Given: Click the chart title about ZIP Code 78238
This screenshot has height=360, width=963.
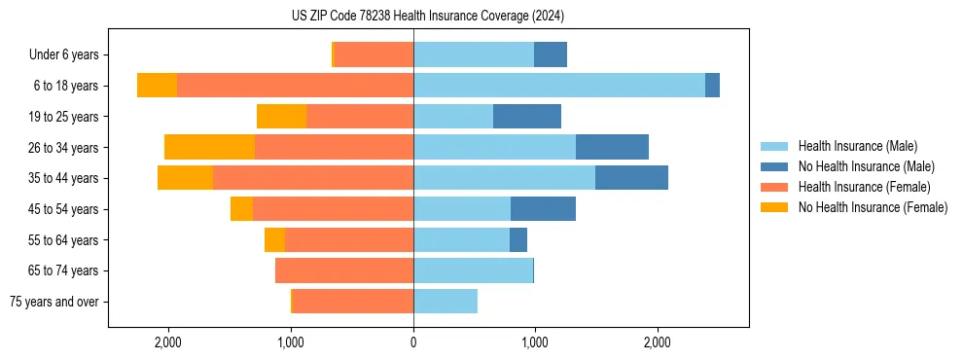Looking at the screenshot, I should click(x=427, y=16).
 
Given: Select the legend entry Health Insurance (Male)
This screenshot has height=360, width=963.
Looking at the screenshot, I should click(x=857, y=146).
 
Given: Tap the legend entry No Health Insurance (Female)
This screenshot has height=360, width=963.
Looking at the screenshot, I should click(x=873, y=207).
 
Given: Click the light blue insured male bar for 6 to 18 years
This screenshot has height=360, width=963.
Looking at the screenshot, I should click(x=559, y=86).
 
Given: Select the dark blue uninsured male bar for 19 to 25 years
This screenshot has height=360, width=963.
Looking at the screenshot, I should click(x=527, y=117).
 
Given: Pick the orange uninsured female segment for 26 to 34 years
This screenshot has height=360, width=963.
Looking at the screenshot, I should click(x=209, y=147).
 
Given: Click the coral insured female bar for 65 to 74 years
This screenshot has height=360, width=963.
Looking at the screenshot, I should click(x=344, y=270).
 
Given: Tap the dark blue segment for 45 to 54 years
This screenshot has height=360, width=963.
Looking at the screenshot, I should click(x=543, y=209).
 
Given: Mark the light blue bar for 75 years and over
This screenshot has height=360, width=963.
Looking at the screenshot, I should click(x=446, y=302).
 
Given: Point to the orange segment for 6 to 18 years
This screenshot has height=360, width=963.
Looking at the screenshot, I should click(x=157, y=86).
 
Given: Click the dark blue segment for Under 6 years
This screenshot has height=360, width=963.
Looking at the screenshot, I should click(x=551, y=55).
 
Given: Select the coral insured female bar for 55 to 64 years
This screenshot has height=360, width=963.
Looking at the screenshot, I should click(x=349, y=239).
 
